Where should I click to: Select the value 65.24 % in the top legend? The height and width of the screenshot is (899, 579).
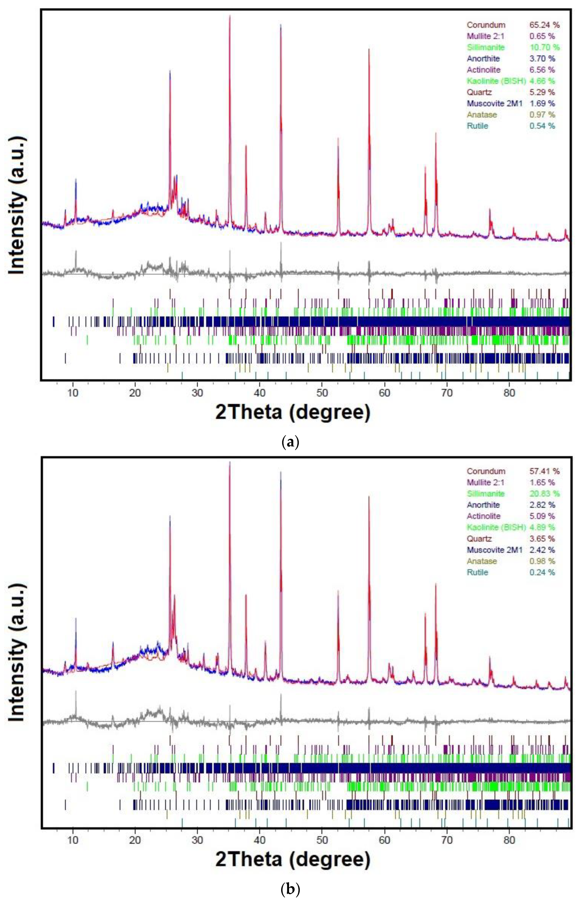tap(544, 25)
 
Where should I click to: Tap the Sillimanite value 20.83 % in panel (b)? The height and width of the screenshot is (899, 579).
tap(544, 493)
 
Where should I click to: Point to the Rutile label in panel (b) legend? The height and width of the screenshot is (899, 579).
tap(477, 572)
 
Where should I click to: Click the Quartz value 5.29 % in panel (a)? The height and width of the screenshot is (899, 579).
tap(542, 92)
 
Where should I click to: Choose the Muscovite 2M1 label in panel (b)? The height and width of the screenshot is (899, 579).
tap(494, 550)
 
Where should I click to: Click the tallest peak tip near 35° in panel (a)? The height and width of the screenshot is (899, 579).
tap(230, 16)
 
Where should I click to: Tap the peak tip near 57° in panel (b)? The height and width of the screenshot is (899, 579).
tap(369, 497)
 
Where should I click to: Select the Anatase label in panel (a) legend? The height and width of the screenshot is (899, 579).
tap(482, 115)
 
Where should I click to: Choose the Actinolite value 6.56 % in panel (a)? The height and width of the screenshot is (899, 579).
tap(542, 70)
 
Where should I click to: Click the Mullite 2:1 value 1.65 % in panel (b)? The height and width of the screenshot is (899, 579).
tap(542, 482)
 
